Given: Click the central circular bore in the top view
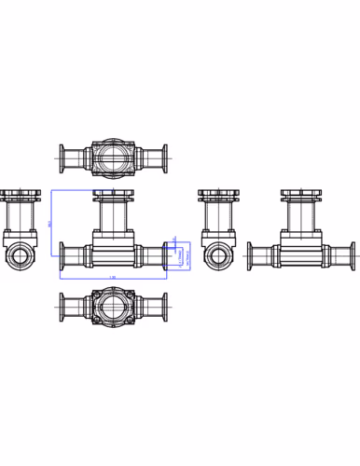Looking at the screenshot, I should [114, 157].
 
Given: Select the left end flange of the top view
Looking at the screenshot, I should [62, 157].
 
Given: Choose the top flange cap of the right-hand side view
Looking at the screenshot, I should [218, 196].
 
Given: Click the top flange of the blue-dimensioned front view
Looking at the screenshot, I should [114, 195].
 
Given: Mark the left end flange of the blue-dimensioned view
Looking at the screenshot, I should [62, 255].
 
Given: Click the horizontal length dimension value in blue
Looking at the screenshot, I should [113, 278].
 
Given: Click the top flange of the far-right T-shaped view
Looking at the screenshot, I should [303, 196].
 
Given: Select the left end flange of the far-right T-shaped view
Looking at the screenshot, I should [250, 255].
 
